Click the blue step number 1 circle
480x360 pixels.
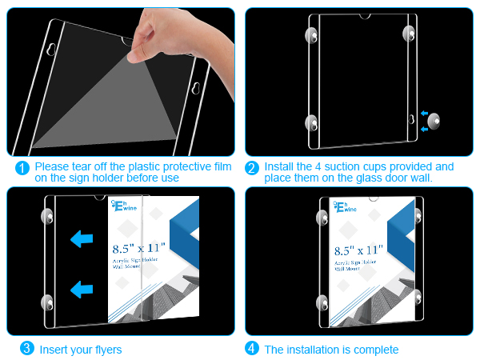tap(22, 168)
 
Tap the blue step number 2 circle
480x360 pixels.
tap(252, 168)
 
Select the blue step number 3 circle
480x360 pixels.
tap(27, 348)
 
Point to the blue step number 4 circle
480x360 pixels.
tap(252, 348)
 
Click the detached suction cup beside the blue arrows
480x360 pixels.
tap(434, 122)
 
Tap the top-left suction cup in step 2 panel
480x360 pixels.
tap(311, 35)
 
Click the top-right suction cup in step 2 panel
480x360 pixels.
tap(409, 34)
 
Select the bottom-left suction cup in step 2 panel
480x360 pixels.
tap(311, 123)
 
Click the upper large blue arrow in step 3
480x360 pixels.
tap(82, 238)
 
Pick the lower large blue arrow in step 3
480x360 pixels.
tap(82, 290)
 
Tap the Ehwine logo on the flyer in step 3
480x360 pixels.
tap(124, 206)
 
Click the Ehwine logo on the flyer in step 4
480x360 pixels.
tap(345, 207)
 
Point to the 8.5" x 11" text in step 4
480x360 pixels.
tap(358, 250)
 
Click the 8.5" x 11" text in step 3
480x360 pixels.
tap(138, 248)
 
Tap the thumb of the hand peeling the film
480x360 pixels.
tap(137, 53)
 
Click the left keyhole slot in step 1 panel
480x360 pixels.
tap(51, 50)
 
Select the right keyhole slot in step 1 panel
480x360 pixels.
tap(196, 88)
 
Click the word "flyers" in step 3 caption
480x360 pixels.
tap(108, 350)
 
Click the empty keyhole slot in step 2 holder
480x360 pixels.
tap(411, 119)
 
